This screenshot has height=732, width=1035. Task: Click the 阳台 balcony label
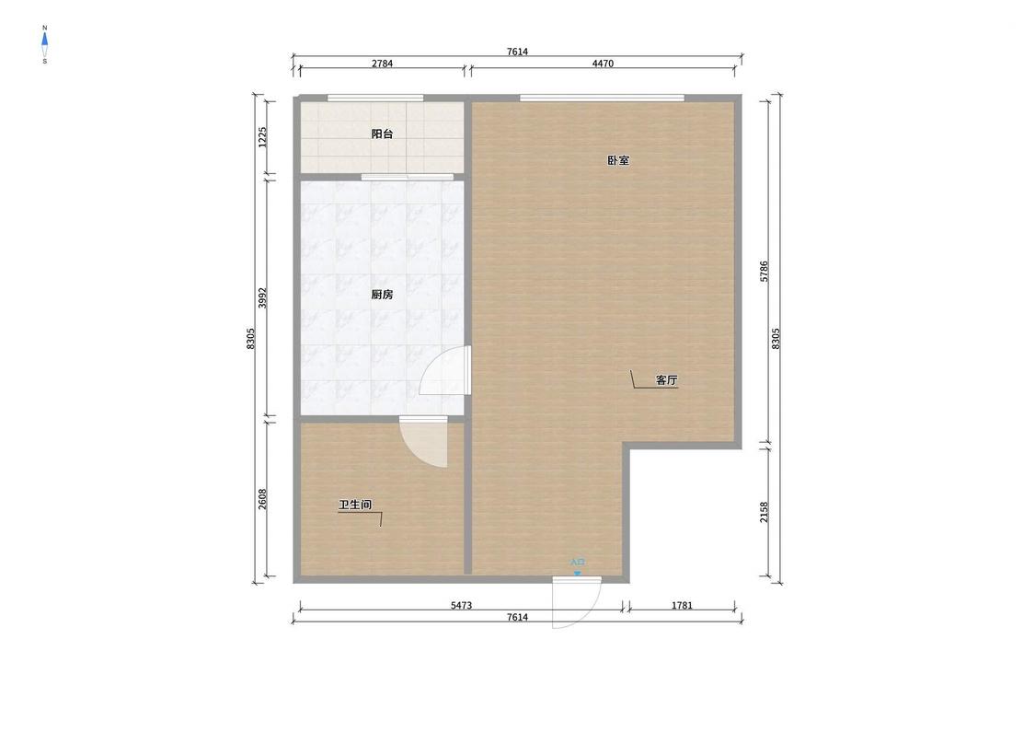382,134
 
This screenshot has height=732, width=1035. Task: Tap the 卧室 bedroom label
618,160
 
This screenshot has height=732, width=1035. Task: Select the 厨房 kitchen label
382,295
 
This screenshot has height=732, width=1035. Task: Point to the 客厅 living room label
667,380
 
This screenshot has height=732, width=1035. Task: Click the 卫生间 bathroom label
355,505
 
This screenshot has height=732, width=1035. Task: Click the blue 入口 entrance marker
578,566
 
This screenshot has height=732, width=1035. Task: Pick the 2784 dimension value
382,64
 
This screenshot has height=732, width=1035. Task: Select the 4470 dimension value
603,64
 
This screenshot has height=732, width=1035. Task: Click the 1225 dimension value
263,137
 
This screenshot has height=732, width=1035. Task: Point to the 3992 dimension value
263,298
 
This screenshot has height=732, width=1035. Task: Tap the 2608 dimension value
263,499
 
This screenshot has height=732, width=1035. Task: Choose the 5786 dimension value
765,272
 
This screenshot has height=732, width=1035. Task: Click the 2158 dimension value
765,512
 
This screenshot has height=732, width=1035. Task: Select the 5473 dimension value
462,605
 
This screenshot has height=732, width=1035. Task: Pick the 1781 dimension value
682,605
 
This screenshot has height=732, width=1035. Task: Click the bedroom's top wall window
602,99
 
